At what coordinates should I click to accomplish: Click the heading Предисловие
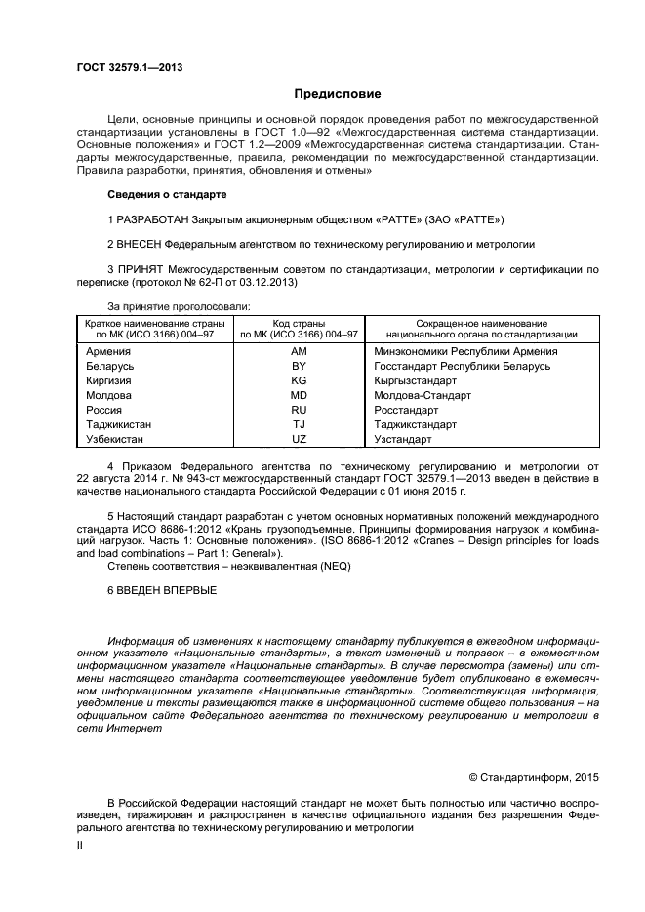click(x=338, y=94)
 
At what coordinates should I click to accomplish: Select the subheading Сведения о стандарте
click(x=166, y=194)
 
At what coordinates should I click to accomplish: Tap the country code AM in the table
click(x=299, y=351)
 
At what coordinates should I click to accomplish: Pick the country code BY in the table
click(x=299, y=366)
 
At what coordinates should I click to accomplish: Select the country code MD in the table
click(x=299, y=396)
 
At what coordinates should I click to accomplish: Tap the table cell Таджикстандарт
click(x=416, y=425)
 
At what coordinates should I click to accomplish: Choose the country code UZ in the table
click(x=299, y=440)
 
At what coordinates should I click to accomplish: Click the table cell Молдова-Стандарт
click(x=423, y=396)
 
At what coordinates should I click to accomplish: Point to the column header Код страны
click(x=299, y=323)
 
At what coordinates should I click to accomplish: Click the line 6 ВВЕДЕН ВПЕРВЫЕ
click(x=162, y=591)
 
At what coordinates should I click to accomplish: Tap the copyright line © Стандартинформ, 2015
click(x=534, y=777)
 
